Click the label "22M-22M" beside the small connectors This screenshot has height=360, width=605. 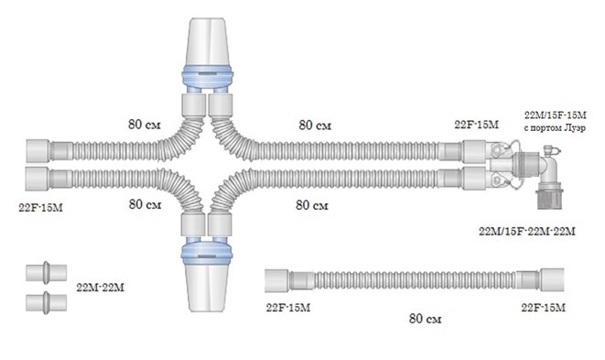pyautogui.click(x=101, y=288)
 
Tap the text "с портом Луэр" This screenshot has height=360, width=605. pyautogui.click(x=555, y=128)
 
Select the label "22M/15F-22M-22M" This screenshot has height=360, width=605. pyautogui.click(x=527, y=232)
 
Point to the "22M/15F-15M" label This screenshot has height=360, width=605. pyautogui.click(x=556, y=115)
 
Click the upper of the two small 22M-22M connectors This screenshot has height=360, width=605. pyautogui.click(x=47, y=273)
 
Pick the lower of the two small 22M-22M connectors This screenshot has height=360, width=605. pyautogui.click(x=47, y=303)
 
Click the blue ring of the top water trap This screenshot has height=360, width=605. pyautogui.click(x=207, y=75)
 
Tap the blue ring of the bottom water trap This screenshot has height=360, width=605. pyautogui.click(x=207, y=252)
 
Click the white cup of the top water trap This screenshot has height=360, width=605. pyautogui.click(x=208, y=42)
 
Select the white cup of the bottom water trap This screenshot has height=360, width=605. pyautogui.click(x=207, y=287)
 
